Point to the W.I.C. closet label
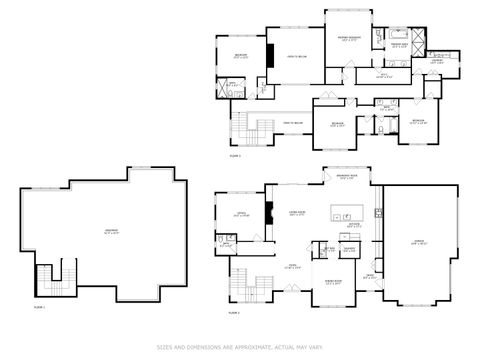(383, 75)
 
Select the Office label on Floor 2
(241, 213)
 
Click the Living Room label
(296, 213)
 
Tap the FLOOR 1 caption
(41, 307)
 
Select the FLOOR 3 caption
(236, 156)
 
